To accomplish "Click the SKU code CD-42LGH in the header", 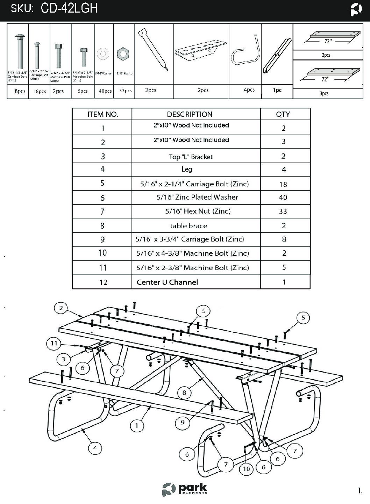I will pos(69,8).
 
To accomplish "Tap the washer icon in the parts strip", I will pos(103,54).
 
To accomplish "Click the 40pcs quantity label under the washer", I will pos(105,91).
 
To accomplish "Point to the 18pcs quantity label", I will pos(40,92).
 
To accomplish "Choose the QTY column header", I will pos(283,114).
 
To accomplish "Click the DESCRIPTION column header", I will pos(190,114).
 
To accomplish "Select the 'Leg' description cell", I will pos(187,170).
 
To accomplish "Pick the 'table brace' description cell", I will pos(188,226).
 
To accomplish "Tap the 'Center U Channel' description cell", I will pos(167,282).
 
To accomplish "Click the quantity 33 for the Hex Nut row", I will pos(283,211).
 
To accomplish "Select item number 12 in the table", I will pos(103,282).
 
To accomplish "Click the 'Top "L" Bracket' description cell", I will pos(191,157).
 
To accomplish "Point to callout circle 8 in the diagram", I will pos(184,393).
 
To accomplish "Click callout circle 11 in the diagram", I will pos(54,343).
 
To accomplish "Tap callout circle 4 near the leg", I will pos(95,448).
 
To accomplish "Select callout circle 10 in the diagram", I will pos(247,469).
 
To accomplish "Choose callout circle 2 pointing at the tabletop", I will pos(61,308).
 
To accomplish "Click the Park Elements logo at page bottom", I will pos(185,489).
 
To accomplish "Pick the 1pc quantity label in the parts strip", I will pos(277,90).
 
